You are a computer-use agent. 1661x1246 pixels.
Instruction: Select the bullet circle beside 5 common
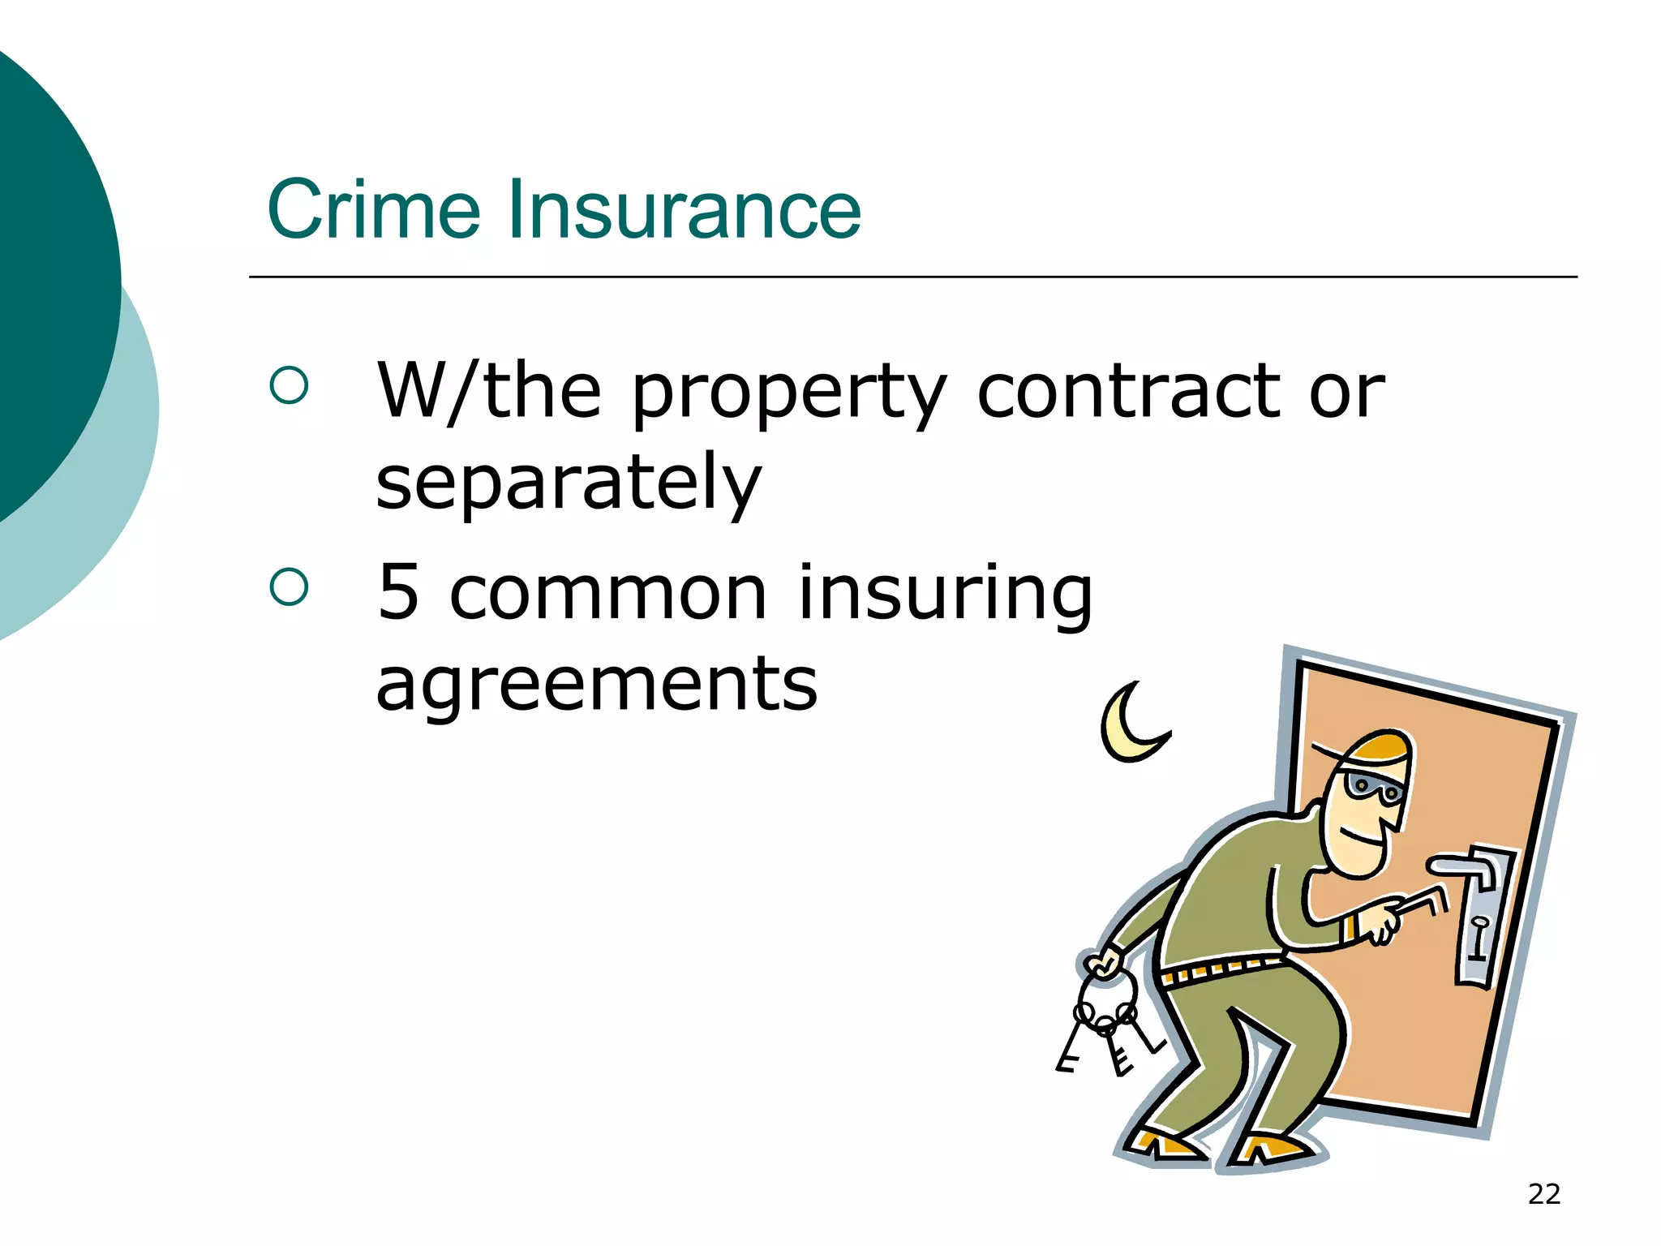coord(289,586)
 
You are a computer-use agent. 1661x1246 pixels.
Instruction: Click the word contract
coord(1127,393)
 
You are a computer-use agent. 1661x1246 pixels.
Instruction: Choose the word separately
coord(568,484)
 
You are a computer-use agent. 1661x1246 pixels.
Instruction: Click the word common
coord(607,594)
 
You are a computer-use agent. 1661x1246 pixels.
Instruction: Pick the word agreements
coord(596,686)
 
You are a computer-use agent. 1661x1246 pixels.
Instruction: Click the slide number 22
coord(1543,1194)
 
